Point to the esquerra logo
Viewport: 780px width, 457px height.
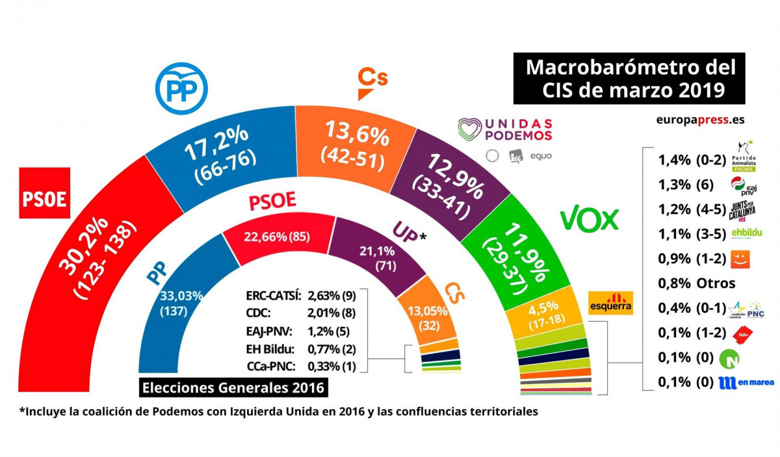[610, 303]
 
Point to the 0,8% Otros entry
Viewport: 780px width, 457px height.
[696, 283]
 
